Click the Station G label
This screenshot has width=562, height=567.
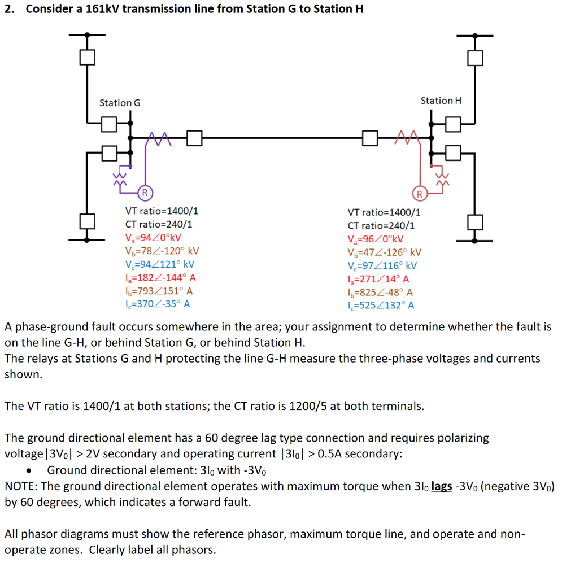point(120,103)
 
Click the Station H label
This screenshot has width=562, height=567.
point(441,101)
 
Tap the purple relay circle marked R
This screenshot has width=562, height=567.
point(145,192)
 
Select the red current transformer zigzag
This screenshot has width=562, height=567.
point(408,137)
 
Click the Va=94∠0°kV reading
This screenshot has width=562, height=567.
point(153,238)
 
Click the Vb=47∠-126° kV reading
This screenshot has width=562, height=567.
point(384,252)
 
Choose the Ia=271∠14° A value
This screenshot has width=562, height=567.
point(378,279)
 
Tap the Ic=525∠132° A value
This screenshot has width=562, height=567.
point(381,306)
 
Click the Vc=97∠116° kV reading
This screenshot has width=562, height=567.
point(382,266)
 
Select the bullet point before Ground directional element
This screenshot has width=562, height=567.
point(34,470)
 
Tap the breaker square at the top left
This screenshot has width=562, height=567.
point(87,57)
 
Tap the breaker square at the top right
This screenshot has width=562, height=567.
point(475,57)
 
